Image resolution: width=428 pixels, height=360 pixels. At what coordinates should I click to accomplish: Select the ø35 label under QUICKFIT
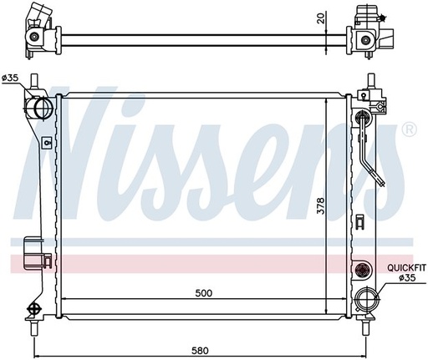coord(405,278)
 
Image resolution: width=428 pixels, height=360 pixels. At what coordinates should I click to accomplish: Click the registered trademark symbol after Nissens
coord(408,129)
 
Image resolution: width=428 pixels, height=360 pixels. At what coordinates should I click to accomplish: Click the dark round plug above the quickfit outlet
coord(361,269)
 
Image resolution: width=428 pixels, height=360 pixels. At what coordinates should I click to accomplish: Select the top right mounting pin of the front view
coord(368,84)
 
